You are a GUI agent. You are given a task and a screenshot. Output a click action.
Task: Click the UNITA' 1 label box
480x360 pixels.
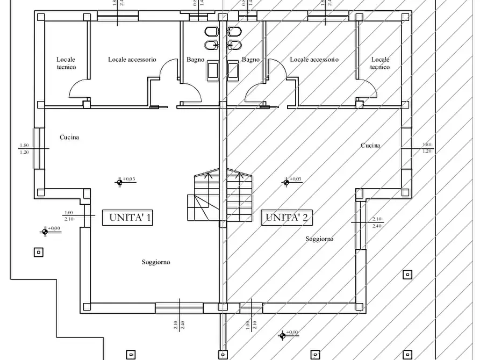130,218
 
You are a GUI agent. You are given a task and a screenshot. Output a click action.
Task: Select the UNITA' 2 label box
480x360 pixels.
287,218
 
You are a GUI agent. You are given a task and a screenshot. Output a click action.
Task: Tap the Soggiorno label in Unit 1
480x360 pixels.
156,262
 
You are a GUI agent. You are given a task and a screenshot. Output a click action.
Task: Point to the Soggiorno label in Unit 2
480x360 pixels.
320,239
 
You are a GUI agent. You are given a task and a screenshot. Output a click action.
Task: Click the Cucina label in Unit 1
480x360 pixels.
69,138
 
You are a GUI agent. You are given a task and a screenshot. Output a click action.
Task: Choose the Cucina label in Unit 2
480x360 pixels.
370,146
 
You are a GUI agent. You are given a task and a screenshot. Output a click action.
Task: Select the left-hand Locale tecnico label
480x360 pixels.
66,63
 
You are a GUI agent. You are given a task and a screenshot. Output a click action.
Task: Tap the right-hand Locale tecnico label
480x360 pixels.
380,63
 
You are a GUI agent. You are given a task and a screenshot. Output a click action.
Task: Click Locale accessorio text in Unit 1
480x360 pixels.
132,60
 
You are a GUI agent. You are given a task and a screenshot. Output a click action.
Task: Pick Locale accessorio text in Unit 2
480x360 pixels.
314,60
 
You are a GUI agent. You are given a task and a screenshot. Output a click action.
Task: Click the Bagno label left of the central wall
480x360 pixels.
196,60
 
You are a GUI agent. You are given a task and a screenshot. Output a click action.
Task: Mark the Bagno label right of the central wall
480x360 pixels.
250,60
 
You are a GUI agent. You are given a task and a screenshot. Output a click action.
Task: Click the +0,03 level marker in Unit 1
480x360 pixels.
120,182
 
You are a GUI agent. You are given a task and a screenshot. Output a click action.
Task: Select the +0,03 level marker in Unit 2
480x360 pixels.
286,182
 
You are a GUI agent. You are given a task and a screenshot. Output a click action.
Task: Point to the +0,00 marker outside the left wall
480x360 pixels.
45,231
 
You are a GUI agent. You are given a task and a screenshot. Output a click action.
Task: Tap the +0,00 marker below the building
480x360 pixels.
282,335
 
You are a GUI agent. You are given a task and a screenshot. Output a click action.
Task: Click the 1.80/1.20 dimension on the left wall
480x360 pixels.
24,148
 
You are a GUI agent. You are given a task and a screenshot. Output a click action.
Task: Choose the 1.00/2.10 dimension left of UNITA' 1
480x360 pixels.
69,215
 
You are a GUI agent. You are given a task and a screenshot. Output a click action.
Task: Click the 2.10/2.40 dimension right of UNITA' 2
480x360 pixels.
376,222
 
